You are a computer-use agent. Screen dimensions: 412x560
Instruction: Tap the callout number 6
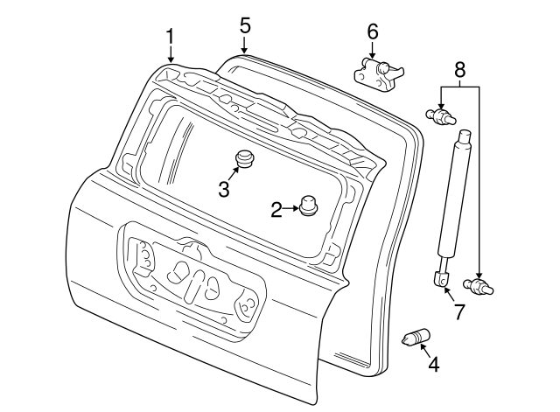click(372, 31)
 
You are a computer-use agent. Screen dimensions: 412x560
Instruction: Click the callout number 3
click(223, 188)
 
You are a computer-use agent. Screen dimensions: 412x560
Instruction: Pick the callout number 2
click(276, 209)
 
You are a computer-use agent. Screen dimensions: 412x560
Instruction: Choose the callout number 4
click(432, 363)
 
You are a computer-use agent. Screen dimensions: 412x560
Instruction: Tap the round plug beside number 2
click(308, 206)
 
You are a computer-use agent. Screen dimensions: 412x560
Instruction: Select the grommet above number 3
click(244, 159)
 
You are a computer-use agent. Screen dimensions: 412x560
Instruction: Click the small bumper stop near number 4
click(413, 338)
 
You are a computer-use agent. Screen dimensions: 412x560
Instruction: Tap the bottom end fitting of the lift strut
click(439, 278)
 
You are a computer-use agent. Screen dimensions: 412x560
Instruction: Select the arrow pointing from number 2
click(290, 209)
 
